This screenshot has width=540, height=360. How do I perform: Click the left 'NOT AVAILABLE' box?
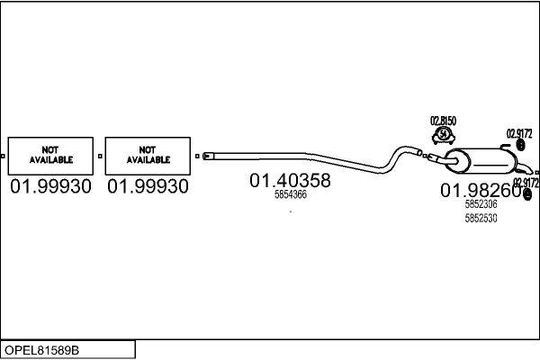tap(50, 156)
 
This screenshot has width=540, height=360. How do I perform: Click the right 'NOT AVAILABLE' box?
tap(148, 156)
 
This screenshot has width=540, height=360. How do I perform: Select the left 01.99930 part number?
tap(50, 186)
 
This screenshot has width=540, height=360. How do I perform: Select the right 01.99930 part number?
tap(148, 186)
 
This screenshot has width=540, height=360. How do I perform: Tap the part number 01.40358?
tap(290, 180)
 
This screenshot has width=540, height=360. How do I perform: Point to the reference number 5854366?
tap(290, 194)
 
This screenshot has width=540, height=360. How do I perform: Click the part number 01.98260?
tap(480, 190)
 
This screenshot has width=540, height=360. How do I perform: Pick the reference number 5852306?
tap(481, 204)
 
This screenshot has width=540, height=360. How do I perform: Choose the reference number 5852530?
tap(481, 218)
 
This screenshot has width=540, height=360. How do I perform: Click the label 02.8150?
tap(443, 121)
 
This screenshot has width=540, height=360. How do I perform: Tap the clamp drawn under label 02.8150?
tap(443, 135)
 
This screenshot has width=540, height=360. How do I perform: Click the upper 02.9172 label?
tap(519, 133)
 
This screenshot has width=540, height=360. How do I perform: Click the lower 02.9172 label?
tap(526, 183)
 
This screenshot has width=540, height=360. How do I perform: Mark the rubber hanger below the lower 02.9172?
tap(527, 194)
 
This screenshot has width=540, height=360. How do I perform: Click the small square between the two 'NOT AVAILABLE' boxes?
tap(99, 156)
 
